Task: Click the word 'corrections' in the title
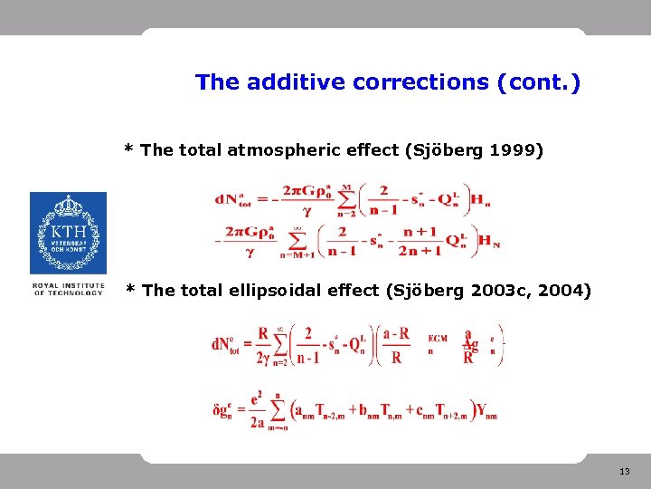pos(421,82)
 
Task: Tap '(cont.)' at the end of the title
pos(539,82)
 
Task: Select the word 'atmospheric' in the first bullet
pos(296,150)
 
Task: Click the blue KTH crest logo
pos(68,233)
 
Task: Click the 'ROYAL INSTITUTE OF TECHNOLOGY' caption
pos(68,290)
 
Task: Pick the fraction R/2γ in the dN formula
pos(263,345)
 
